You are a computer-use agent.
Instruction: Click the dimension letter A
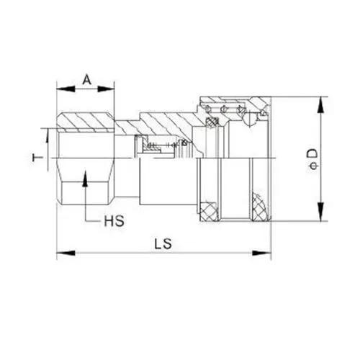point(86,78)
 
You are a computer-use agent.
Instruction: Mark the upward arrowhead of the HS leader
point(85,176)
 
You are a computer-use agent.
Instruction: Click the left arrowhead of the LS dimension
point(62,252)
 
